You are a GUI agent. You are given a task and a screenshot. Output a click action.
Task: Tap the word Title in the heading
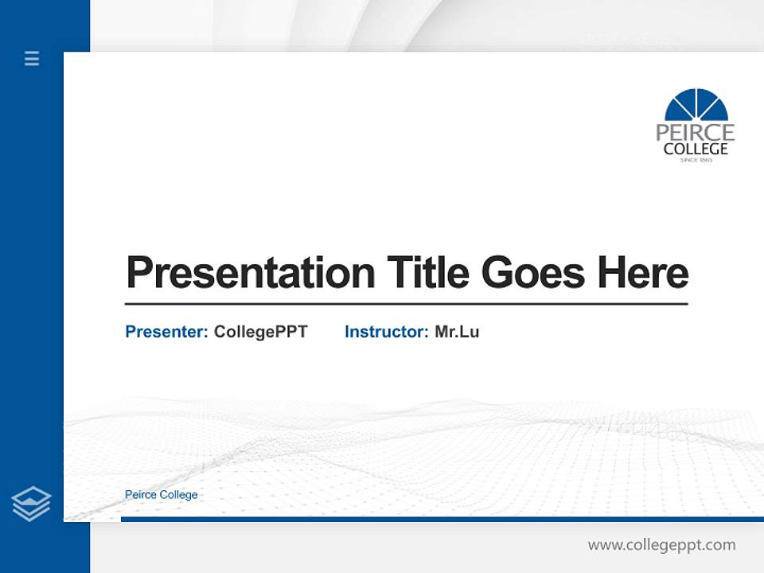[427, 273]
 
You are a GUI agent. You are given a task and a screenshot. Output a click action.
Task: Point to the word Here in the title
[642, 273]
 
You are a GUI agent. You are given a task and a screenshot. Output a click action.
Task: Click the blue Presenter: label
[166, 332]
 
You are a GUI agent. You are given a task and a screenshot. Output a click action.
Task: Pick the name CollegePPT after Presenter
[260, 332]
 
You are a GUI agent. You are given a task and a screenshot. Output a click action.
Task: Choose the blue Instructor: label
[386, 332]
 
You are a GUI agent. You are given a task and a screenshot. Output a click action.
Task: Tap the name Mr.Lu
[457, 332]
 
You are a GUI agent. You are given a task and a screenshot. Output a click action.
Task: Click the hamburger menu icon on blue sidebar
[32, 58]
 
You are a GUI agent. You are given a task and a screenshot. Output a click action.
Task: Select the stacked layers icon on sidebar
[31, 503]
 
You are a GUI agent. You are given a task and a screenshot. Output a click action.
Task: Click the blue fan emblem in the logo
[696, 105]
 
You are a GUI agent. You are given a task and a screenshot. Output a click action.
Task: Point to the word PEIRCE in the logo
[695, 132]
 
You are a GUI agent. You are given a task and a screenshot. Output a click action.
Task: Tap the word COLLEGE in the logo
[696, 149]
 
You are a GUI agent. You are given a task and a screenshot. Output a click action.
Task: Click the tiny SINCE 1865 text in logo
[696, 160]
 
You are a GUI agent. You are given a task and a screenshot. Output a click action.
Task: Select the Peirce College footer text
[162, 495]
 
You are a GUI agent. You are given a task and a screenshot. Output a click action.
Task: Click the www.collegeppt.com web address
[661, 545]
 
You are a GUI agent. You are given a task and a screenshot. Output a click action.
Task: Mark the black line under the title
[406, 304]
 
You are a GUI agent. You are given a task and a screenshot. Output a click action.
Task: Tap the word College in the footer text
[178, 495]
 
